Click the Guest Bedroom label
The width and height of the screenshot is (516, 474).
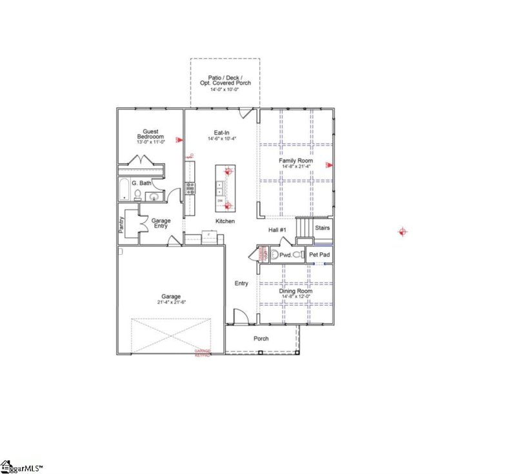150,134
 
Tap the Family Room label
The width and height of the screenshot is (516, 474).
296,160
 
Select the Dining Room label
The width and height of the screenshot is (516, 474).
296,291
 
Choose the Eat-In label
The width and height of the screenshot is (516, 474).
223,132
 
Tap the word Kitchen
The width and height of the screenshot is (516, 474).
225,221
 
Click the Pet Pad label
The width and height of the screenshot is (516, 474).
319,255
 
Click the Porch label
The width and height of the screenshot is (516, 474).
261,339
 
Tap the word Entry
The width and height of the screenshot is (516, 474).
241,283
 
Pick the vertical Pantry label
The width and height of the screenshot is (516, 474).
121,224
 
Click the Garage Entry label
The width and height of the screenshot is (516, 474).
161,224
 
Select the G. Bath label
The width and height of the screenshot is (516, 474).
141,183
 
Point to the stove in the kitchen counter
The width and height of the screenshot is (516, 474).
190,188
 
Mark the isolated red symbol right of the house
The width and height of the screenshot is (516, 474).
403,232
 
